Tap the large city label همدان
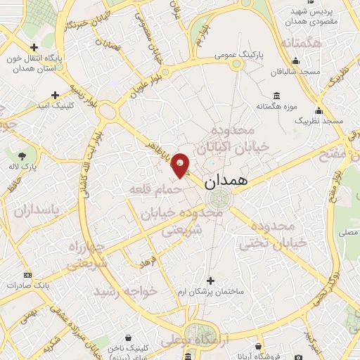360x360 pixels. (227, 181)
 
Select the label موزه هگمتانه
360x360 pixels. (274, 106)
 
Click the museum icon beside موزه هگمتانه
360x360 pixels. (274, 95)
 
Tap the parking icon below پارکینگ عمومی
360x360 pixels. (236, 65)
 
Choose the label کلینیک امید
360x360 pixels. (55, 105)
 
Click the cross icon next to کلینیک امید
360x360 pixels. (55, 94)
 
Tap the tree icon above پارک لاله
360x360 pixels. (23, 156)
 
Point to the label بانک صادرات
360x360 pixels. (27, 286)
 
